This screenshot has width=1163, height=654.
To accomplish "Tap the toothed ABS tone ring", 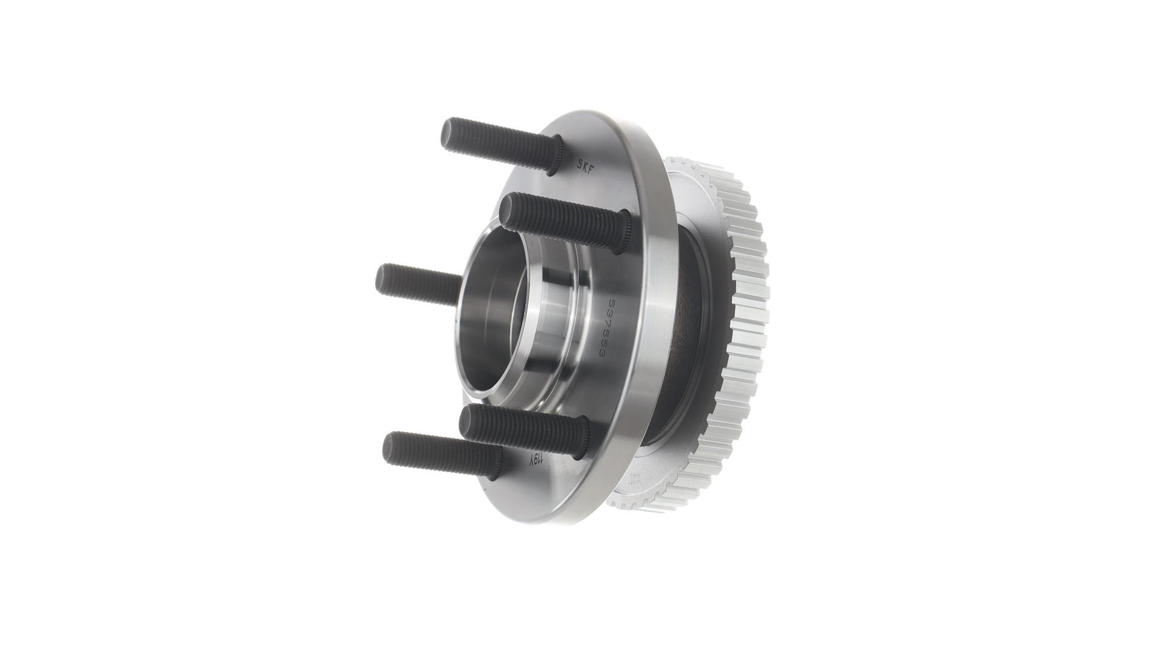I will tap(745, 315).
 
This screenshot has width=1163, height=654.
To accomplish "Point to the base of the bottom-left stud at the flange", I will tap(491, 461).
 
